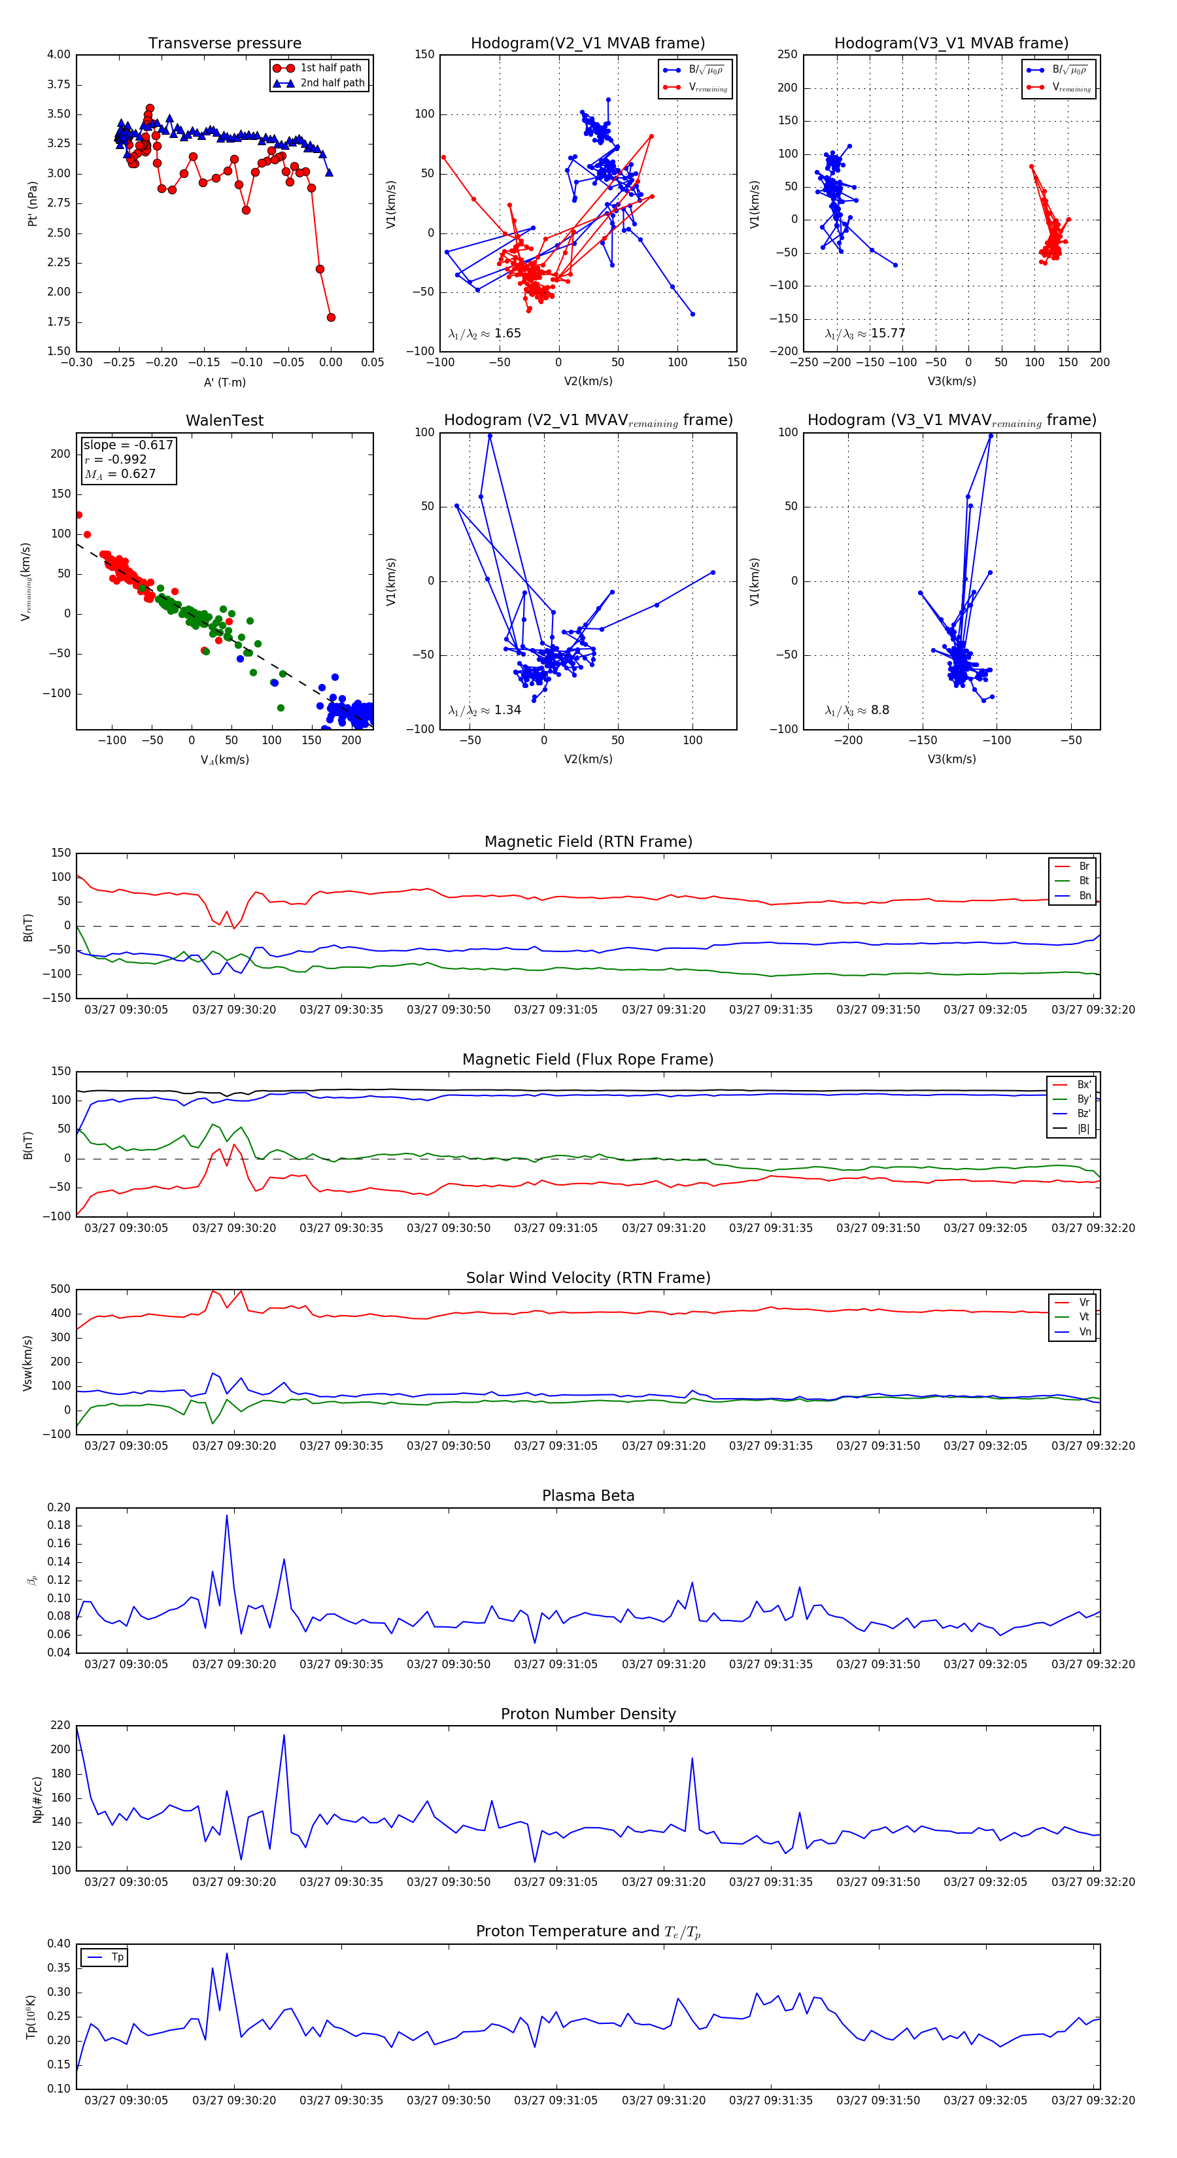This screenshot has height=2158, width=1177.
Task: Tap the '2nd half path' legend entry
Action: [x=332, y=83]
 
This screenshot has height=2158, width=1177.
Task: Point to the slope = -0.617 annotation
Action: [x=128, y=445]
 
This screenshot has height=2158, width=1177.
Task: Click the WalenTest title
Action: [x=224, y=420]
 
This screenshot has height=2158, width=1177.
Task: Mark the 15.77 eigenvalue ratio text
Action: [x=887, y=334]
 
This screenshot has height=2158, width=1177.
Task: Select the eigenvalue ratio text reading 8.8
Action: [x=879, y=710]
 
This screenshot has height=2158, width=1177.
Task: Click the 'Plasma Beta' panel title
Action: [x=588, y=1496]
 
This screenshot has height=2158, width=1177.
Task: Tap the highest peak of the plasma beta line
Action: [x=226, y=1515]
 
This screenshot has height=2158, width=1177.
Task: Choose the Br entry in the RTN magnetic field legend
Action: [x=1083, y=866]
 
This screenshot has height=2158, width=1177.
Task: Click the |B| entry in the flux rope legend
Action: [x=1083, y=1129]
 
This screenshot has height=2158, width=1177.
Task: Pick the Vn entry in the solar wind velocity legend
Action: [x=1084, y=1332]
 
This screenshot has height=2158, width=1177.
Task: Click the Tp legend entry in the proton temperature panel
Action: [x=117, y=1957]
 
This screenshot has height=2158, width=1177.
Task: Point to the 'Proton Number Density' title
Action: [x=588, y=1714]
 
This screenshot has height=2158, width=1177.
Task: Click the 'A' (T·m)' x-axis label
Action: [x=224, y=382]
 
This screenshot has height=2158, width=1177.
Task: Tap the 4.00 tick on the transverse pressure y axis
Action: [x=59, y=54]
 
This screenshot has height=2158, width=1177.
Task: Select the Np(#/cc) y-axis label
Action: [x=37, y=1798]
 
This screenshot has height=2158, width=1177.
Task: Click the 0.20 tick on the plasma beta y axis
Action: [x=59, y=1508]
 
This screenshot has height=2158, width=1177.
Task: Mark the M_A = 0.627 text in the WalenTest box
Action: [x=120, y=474]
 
